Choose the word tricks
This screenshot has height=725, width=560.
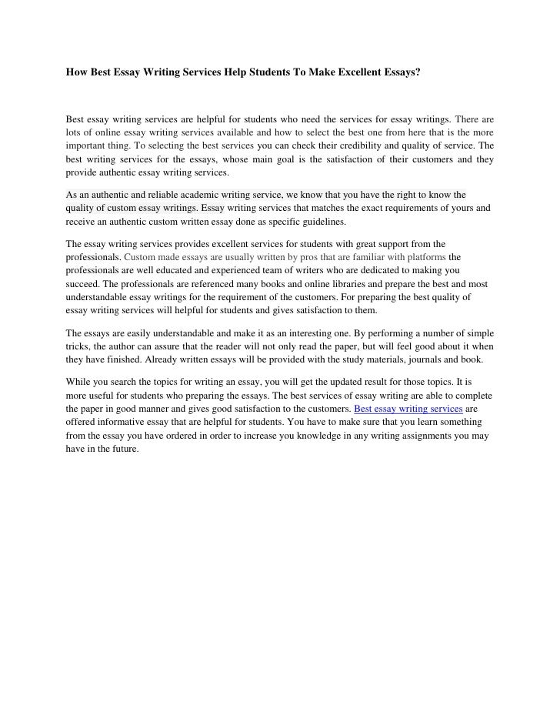pyautogui.click(x=78, y=348)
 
